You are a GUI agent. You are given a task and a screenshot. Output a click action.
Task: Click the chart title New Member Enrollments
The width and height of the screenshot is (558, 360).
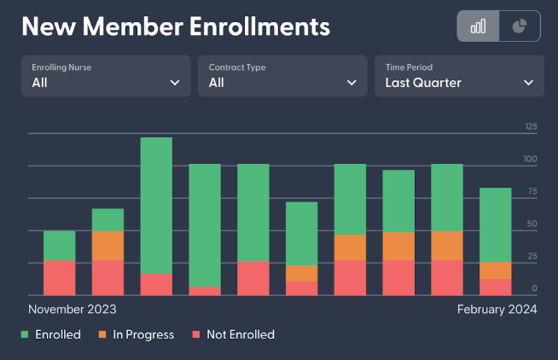tap(175, 27)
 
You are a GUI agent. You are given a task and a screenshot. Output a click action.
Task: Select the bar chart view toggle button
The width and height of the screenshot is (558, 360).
tap(478, 26)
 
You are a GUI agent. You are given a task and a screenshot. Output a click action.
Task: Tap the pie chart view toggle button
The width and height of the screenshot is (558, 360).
tap(519, 26)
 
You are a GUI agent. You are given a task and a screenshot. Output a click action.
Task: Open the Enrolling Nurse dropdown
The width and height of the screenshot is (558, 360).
tap(107, 75)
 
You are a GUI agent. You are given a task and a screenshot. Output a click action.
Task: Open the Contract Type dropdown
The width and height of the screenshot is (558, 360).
tap(283, 75)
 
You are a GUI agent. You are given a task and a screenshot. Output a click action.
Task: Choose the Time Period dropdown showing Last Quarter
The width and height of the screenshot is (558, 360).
tap(459, 75)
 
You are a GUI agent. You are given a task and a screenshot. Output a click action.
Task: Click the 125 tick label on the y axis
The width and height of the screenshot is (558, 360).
tap(531, 127)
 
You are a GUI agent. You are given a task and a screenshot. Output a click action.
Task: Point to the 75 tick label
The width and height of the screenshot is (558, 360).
tap(531, 192)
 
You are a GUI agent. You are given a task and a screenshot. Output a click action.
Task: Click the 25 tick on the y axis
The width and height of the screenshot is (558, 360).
tap(532, 257)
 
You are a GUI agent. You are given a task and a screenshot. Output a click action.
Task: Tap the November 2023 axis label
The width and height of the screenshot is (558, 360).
tap(73, 310)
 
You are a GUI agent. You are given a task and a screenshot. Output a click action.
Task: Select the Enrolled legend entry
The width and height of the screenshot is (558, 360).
tap(51, 334)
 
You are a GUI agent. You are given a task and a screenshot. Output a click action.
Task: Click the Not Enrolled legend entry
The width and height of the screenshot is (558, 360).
tap(232, 334)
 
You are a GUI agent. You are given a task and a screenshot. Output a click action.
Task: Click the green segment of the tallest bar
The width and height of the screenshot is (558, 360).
tap(156, 206)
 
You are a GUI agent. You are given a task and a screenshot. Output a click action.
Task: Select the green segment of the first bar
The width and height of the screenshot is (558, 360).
tap(60, 246)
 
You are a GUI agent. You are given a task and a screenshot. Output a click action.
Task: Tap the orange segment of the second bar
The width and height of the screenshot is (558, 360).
tap(108, 246)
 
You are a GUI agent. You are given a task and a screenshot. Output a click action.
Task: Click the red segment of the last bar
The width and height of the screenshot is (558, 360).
tap(495, 287)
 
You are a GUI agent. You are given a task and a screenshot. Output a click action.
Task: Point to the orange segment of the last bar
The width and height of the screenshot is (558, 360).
tap(495, 270)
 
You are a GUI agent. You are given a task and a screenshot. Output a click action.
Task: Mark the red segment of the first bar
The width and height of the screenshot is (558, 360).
tap(60, 278)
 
